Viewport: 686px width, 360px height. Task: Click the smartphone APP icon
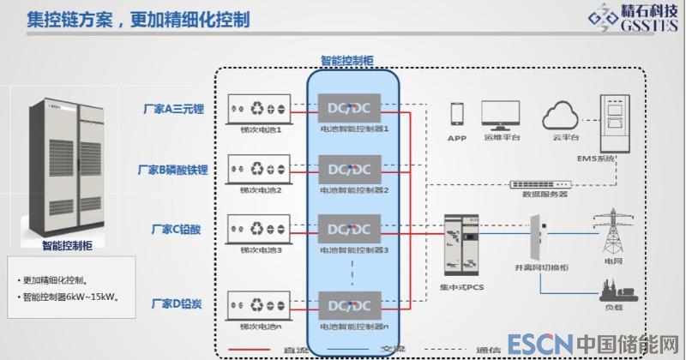[457, 115]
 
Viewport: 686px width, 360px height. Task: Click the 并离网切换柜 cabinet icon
[537, 239]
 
